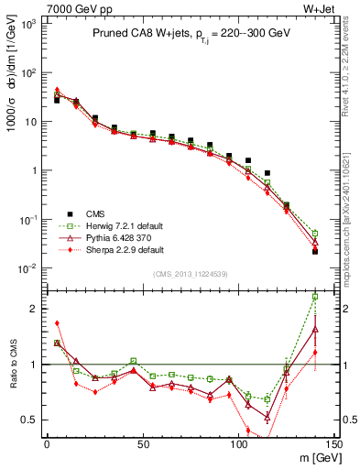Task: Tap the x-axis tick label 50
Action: (x=143, y=442)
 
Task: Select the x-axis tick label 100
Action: (x=239, y=442)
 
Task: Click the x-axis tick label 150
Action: (x=334, y=442)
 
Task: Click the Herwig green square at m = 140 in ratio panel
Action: (x=315, y=297)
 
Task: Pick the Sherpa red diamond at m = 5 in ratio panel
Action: (x=57, y=322)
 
